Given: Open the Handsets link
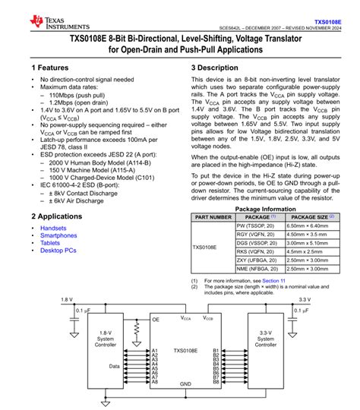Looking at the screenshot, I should click(53, 228).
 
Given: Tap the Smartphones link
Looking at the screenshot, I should click(58, 235).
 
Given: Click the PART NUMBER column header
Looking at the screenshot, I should click(213, 217).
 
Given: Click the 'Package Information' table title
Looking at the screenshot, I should click(265, 209).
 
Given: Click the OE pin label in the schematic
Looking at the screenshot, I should click(156, 320).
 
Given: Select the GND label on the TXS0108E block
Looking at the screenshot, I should click(185, 384).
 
